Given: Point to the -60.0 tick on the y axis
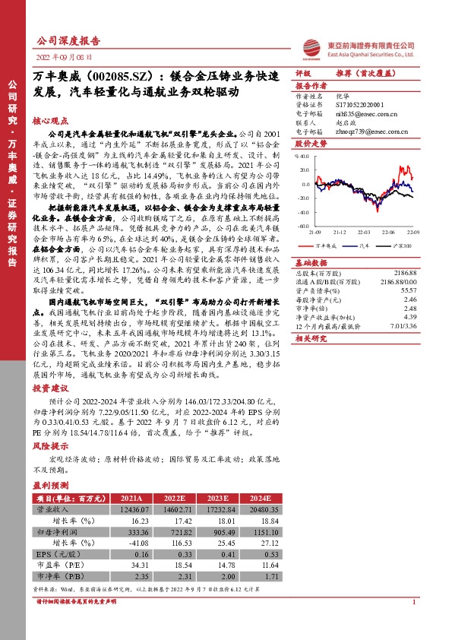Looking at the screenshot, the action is (303, 226).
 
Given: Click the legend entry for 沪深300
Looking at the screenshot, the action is (403, 246).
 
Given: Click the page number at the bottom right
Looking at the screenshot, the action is (412, 624).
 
